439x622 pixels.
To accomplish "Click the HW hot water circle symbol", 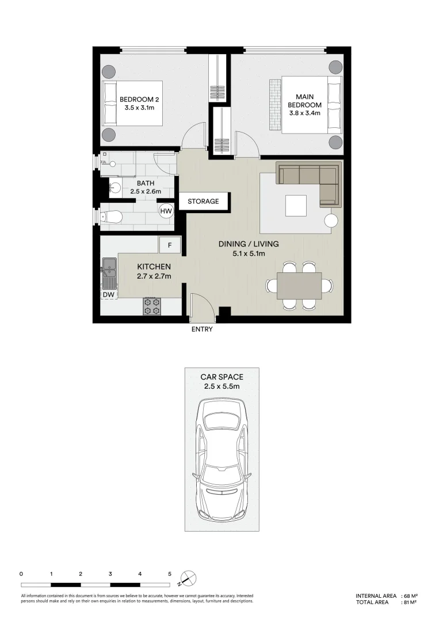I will click(166, 211).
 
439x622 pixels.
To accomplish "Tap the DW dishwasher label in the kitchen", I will click(108, 294).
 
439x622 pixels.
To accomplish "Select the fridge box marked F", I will click(170, 245).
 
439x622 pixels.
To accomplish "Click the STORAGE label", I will click(204, 202).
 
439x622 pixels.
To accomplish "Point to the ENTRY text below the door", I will click(202, 329).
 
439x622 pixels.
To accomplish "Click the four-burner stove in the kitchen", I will click(152, 306).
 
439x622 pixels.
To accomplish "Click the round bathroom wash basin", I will click(115, 187).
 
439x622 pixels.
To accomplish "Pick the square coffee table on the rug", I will click(297, 205).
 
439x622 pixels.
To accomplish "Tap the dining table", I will click(299, 286).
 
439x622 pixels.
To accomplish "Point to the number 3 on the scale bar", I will click(110, 574).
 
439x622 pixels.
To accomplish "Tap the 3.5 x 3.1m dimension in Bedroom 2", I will click(139, 107).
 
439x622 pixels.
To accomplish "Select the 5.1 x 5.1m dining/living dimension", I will click(249, 253).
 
